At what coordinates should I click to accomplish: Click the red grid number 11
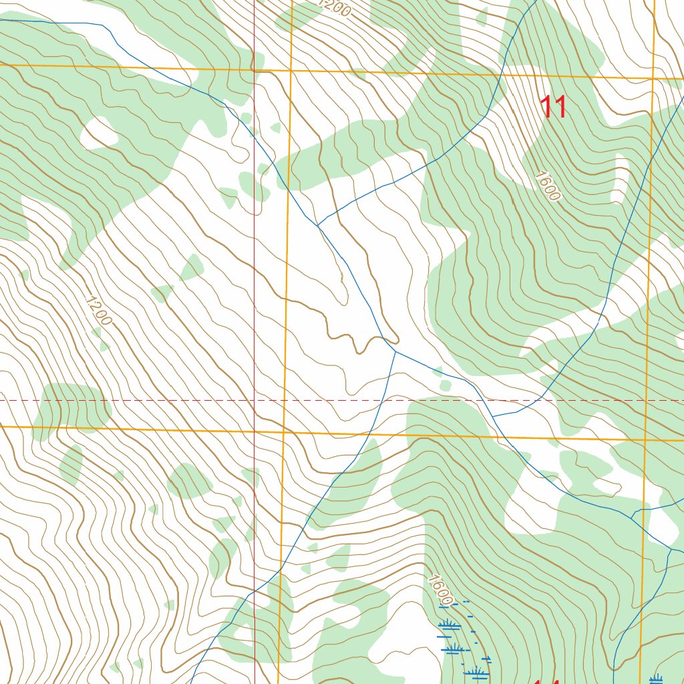[554, 108]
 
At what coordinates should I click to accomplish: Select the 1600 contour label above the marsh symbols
[442, 590]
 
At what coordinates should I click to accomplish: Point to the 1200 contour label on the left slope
[99, 311]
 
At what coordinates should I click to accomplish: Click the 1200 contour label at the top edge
[334, 8]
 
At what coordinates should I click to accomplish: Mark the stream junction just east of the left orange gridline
[318, 226]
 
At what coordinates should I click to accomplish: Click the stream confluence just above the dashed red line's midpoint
[395, 351]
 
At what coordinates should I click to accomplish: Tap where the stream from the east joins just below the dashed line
[493, 415]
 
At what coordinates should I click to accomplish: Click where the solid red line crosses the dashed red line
[254, 400]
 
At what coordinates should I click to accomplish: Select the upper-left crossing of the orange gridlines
[291, 70]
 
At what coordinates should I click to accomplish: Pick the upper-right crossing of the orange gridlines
[653, 78]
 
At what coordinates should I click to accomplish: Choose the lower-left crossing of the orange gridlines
[283, 432]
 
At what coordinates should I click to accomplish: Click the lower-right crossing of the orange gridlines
[645, 440]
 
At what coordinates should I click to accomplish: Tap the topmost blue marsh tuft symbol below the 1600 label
[448, 625]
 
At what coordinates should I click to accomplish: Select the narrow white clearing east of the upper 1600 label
[621, 177]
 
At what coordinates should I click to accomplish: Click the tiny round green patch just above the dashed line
[446, 385]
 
